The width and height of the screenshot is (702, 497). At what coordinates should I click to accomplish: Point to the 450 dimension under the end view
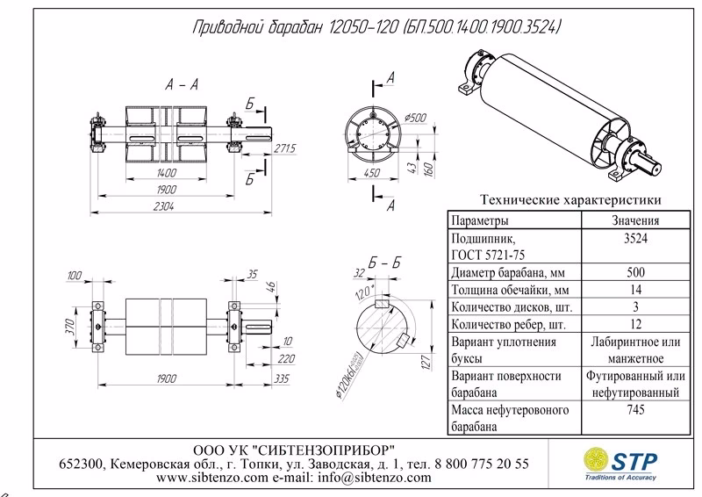point(373,173)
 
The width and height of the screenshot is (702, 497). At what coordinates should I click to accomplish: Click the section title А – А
point(180,84)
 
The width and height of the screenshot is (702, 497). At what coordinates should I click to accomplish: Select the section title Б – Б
point(385,263)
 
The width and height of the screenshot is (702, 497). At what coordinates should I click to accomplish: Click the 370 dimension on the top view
point(74,327)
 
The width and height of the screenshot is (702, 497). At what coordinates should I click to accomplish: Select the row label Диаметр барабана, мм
point(506,271)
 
